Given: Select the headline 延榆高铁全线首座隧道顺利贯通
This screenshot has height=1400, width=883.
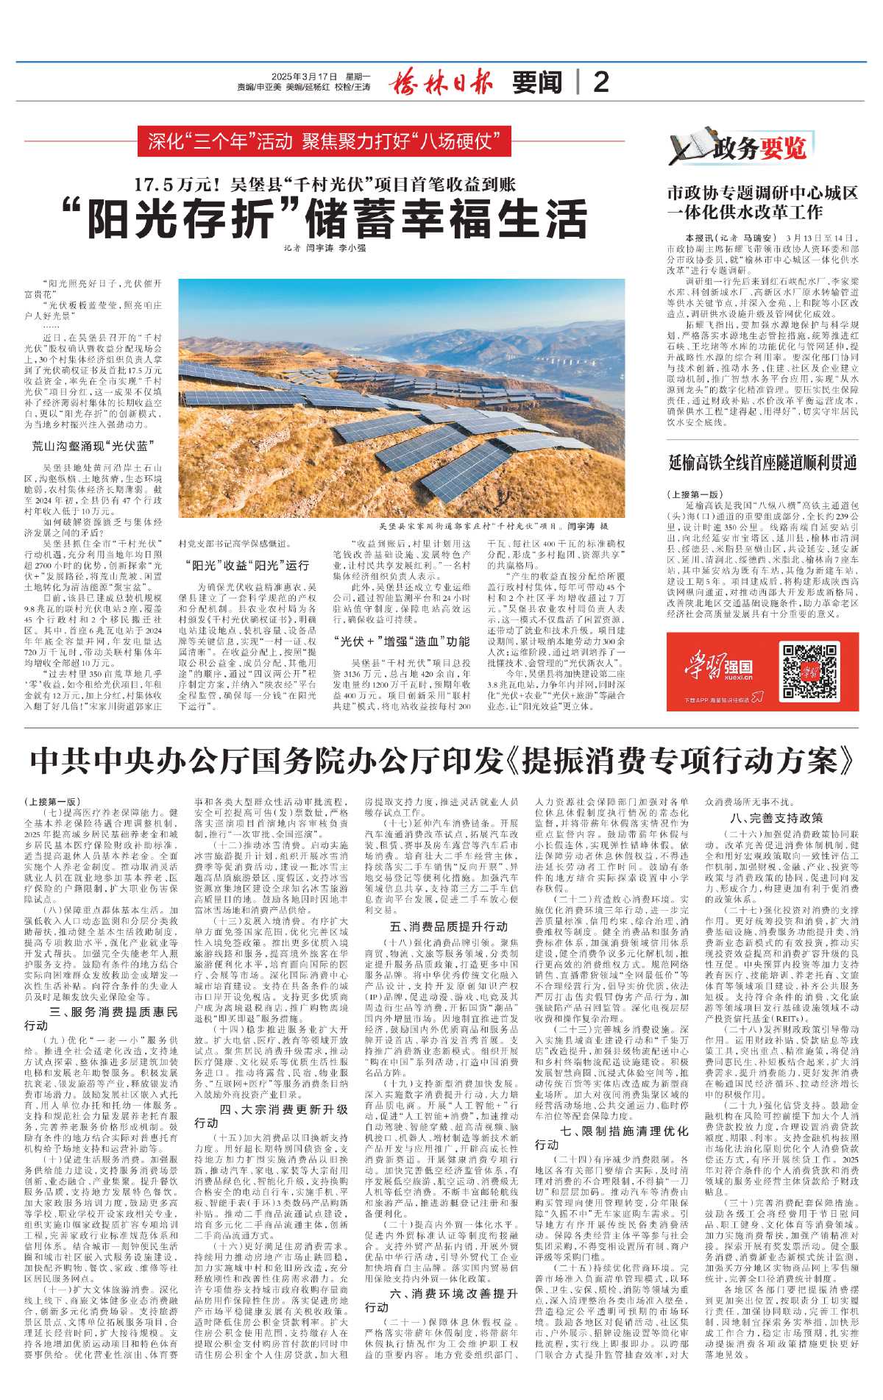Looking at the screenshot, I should click(762, 463).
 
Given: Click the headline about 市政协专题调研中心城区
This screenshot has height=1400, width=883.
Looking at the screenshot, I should click(762, 202).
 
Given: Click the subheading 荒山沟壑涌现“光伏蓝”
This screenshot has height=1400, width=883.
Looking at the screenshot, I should click(93, 446).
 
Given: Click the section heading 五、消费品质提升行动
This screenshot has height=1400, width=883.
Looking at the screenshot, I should click(449, 927).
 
